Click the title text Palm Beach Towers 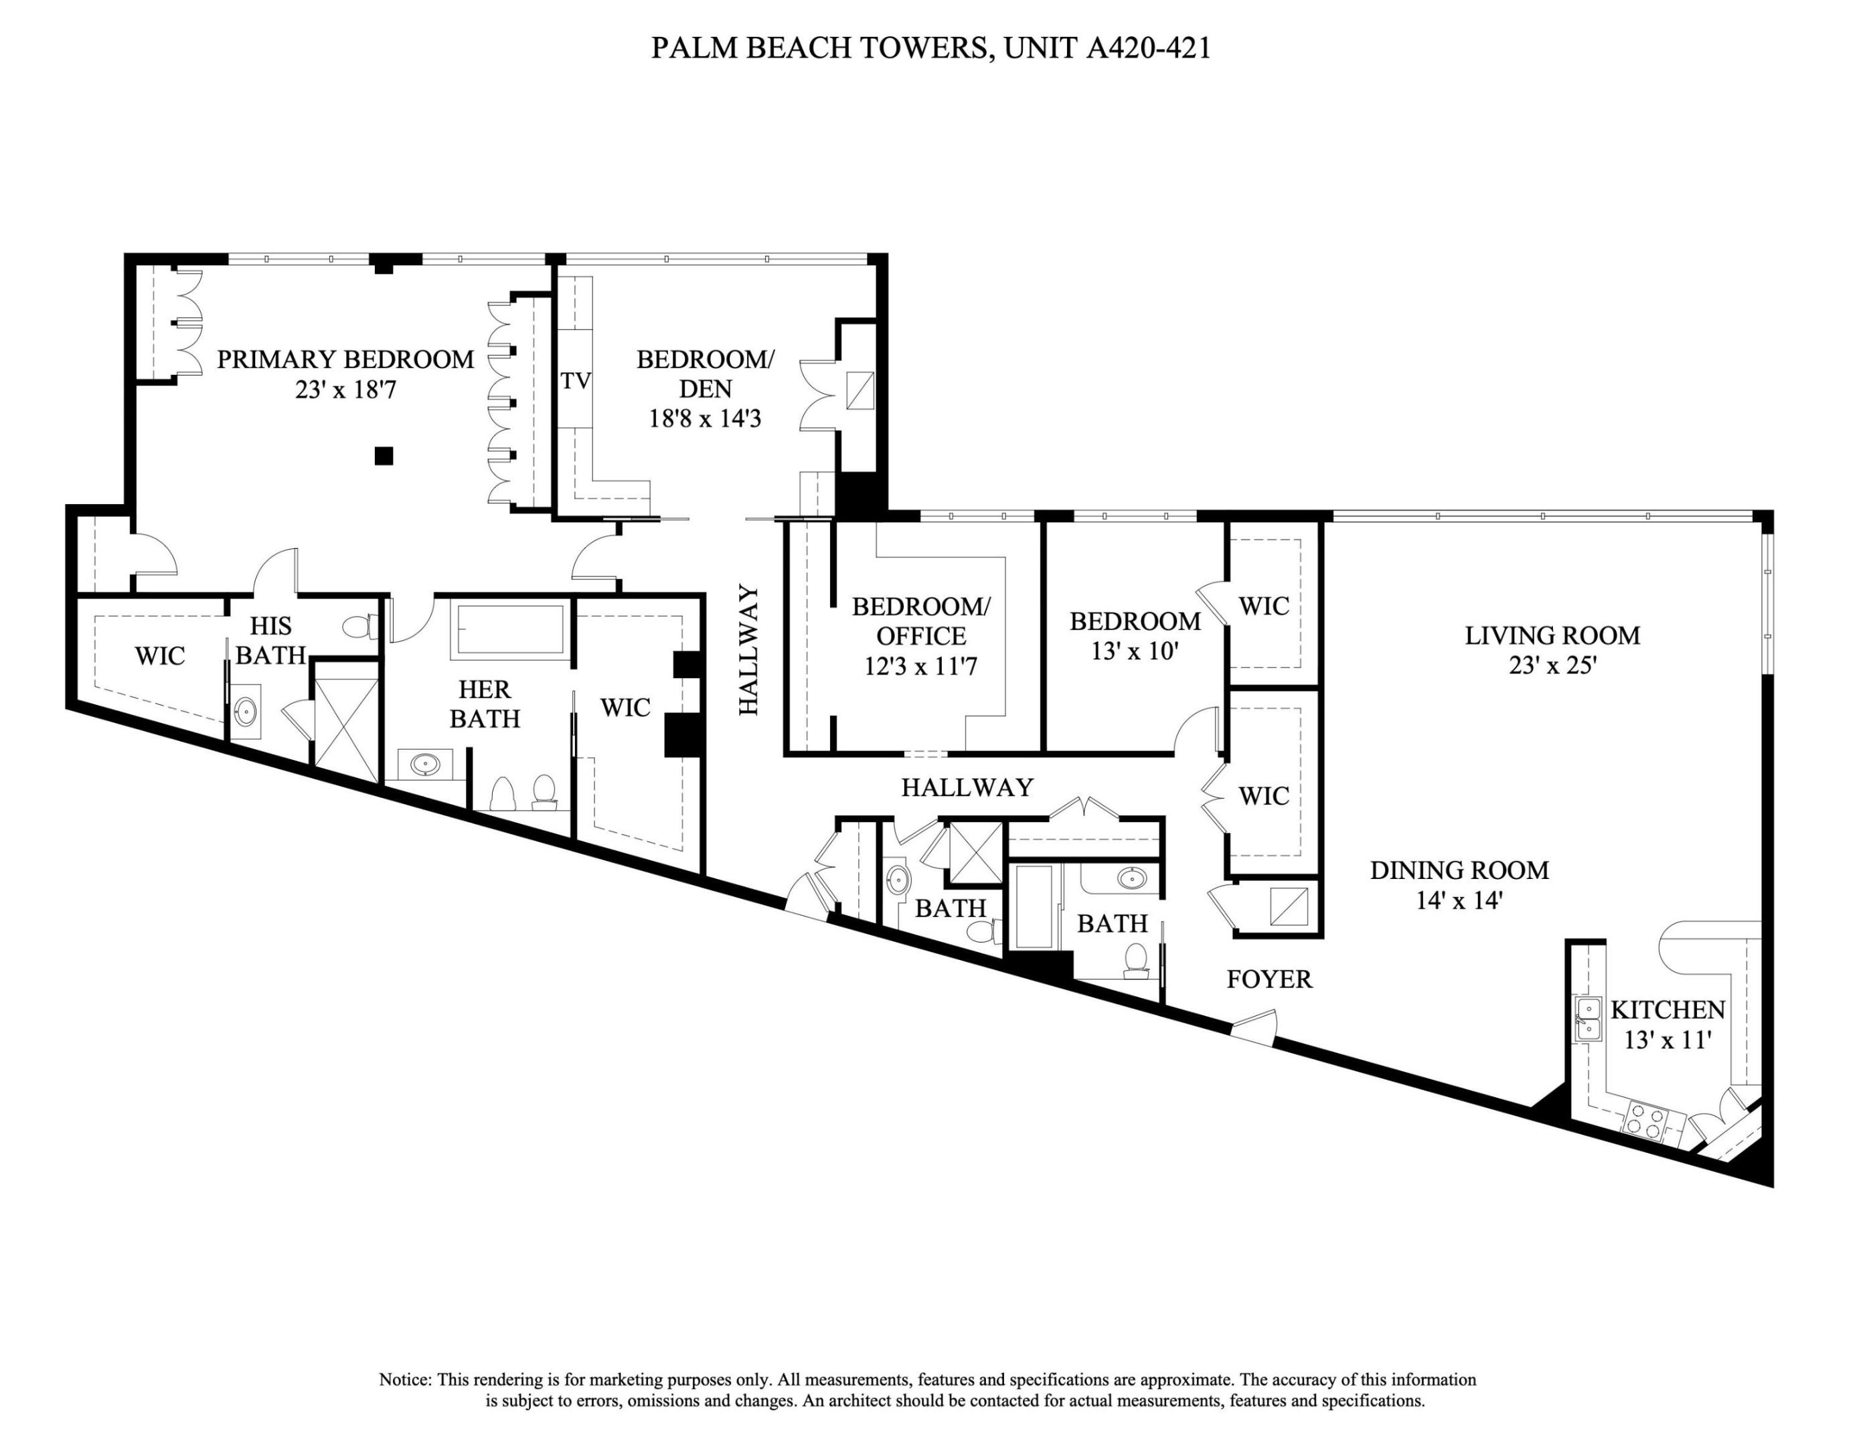tap(819, 48)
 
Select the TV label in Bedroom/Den tap(576, 381)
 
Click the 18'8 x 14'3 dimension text tap(705, 419)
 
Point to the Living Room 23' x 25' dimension tap(1552, 665)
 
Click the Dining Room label tap(1459, 870)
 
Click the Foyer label tap(1269, 979)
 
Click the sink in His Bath tap(246, 710)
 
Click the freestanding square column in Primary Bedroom tap(384, 456)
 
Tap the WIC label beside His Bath tap(159, 656)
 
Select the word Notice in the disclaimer tap(404, 1380)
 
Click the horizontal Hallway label tap(967, 787)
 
